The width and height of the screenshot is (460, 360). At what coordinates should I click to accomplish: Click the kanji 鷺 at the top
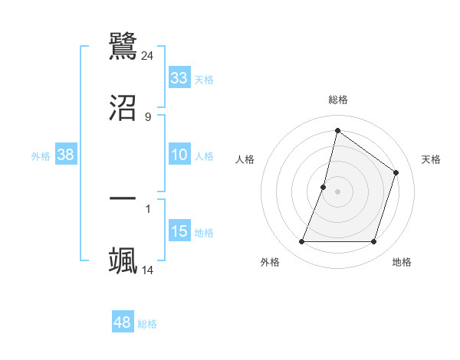123,47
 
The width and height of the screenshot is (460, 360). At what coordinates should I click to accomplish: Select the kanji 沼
123,107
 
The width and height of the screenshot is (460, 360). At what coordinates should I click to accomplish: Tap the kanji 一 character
123,198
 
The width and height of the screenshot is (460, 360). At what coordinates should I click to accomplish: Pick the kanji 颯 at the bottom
123,260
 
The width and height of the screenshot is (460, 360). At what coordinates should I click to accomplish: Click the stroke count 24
148,55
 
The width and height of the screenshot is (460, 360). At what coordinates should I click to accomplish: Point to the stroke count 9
148,116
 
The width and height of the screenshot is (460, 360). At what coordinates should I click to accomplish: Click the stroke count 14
148,270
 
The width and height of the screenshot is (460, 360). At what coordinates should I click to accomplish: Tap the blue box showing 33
179,78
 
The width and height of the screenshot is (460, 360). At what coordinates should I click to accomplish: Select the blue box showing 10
179,155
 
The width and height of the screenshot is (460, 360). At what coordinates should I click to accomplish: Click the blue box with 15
179,231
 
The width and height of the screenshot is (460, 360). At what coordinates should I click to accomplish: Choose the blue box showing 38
66,155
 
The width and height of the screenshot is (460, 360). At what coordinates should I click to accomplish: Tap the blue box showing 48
123,322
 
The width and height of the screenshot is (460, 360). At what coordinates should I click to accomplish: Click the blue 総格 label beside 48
147,324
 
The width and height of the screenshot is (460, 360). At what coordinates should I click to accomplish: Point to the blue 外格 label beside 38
41,156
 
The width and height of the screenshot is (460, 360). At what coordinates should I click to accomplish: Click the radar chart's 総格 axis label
337,100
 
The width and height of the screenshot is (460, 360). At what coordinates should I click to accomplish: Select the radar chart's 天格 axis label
431,159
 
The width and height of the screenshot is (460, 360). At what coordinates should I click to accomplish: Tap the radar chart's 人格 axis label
245,159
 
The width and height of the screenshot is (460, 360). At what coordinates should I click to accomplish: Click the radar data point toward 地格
373,242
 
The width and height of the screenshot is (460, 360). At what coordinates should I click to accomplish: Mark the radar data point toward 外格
301,242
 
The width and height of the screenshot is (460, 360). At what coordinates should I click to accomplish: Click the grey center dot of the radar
337,191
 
